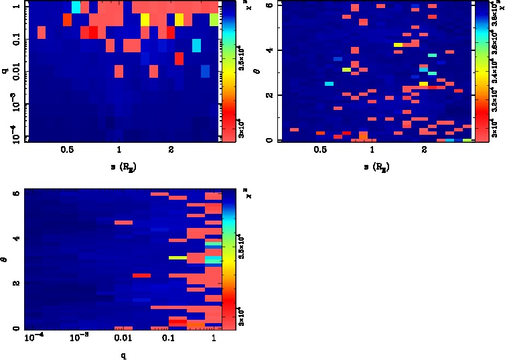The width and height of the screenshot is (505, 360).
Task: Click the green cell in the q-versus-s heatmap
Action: tap(214, 19)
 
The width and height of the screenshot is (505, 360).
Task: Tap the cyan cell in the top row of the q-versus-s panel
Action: tap(76, 7)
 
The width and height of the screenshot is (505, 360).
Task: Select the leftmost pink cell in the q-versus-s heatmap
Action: tap(41, 33)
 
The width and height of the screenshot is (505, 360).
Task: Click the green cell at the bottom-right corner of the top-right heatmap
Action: tap(465, 140)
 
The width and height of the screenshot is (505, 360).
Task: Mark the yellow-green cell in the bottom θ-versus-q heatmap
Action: tap(177, 257)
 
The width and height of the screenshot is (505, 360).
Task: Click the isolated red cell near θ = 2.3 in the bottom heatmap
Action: tap(141, 275)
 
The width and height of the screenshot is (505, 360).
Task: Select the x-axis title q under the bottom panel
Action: tap(123, 355)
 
